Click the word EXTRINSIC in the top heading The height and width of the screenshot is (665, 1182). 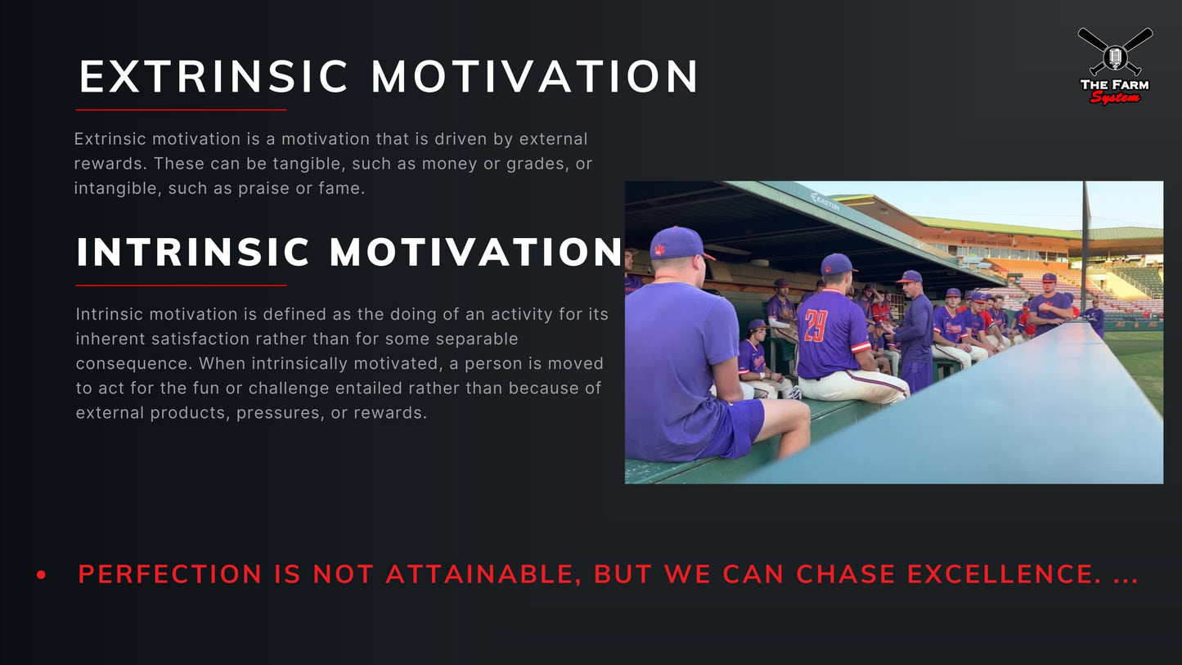coord(214,77)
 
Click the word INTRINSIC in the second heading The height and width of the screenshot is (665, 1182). coord(193,253)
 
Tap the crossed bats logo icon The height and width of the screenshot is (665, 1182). coord(1115,51)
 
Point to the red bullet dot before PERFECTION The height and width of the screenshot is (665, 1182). coord(42,576)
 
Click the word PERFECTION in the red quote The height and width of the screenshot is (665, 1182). coord(170,574)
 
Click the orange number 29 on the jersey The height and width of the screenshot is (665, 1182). coord(816,326)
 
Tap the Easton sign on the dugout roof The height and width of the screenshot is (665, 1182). coord(825,201)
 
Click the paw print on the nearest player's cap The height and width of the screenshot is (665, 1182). coord(659,249)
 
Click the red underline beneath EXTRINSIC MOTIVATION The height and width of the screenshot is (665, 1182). coord(181,110)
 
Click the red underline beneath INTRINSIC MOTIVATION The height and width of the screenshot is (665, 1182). coord(181,285)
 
